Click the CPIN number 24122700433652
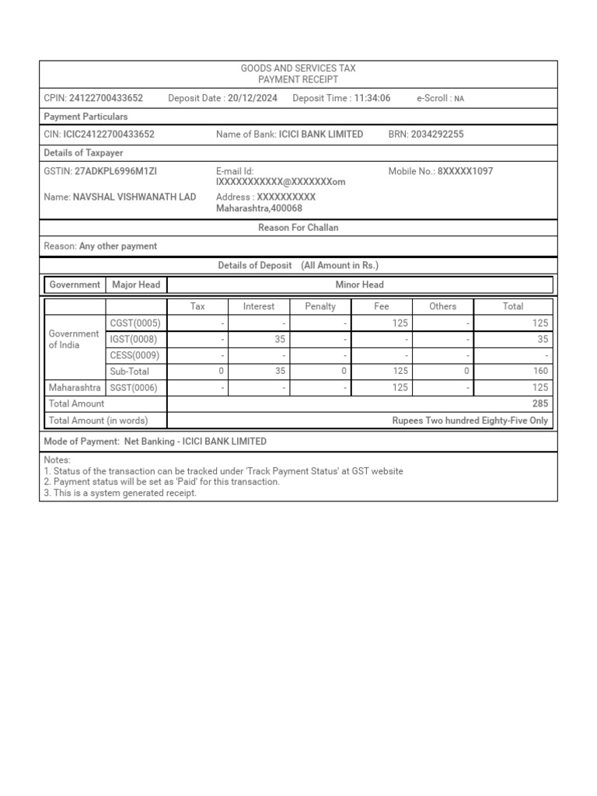click(106, 99)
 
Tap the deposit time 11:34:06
click(372, 99)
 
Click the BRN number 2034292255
click(437, 134)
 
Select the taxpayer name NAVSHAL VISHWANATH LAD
click(134, 197)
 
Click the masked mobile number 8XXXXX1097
click(465, 171)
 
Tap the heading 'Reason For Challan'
click(298, 228)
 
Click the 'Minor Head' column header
click(359, 285)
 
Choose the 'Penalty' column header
click(320, 306)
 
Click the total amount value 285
click(540, 403)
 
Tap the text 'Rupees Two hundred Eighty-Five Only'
click(470, 421)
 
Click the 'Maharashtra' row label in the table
click(74, 387)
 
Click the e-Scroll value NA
click(459, 99)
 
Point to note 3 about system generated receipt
click(120, 493)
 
